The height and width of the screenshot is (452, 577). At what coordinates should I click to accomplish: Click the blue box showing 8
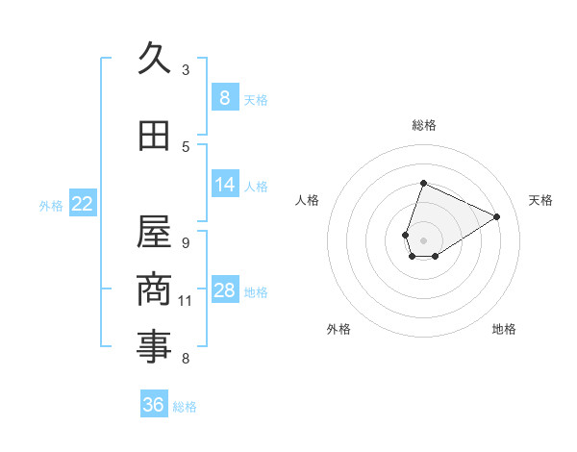click(x=224, y=97)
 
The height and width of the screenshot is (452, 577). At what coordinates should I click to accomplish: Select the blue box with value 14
click(x=224, y=185)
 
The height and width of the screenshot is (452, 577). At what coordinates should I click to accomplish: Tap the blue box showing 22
click(x=83, y=204)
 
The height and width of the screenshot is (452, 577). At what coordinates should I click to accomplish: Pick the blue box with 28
click(x=224, y=290)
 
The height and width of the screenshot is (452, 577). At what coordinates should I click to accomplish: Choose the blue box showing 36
click(x=154, y=405)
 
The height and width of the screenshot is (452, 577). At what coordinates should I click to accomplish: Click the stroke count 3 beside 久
click(x=186, y=70)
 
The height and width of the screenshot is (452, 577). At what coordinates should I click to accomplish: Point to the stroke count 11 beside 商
click(x=186, y=301)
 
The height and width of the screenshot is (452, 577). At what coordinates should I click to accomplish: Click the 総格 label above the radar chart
click(x=423, y=125)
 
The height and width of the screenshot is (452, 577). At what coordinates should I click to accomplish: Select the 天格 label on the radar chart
click(x=541, y=200)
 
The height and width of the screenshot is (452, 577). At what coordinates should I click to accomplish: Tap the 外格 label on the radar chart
click(x=339, y=329)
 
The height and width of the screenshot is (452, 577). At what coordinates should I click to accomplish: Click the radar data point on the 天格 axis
click(x=496, y=216)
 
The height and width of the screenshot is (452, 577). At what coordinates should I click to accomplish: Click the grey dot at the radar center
click(x=423, y=239)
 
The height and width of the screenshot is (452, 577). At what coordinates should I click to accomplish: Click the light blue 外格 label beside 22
click(x=50, y=205)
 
